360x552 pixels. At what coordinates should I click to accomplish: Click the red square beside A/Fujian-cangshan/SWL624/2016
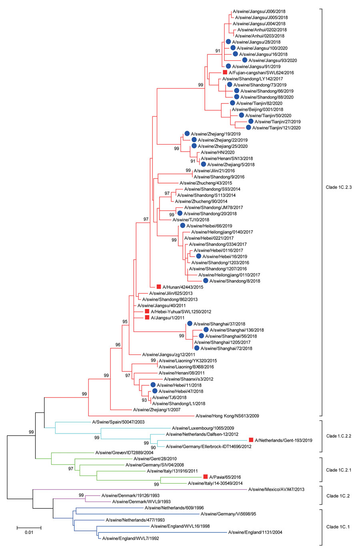225,72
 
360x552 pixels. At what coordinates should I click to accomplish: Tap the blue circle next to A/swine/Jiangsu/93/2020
245,60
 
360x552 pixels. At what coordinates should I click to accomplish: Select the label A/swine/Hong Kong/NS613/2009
227,416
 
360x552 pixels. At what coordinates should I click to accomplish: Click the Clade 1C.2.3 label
338,187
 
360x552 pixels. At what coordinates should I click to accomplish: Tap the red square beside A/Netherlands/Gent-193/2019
251,440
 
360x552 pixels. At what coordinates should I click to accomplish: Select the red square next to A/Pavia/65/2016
205,476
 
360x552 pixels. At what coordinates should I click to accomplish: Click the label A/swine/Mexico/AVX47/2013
276,489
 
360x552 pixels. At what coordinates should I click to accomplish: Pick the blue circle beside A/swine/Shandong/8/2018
205,281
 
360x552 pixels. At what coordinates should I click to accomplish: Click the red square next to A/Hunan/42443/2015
159,287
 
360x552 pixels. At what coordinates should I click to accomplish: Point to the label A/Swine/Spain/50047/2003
118,422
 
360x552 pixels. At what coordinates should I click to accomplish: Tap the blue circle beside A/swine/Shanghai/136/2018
206,329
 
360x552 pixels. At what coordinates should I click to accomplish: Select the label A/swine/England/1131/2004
255,532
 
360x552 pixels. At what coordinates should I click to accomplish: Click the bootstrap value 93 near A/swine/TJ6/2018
144,400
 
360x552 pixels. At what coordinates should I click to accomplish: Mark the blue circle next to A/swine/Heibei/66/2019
182,225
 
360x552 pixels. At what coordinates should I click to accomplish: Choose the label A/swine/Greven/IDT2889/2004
124,453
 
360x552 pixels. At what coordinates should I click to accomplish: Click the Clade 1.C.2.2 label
338,436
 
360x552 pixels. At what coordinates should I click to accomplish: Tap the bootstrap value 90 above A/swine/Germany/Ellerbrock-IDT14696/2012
153,448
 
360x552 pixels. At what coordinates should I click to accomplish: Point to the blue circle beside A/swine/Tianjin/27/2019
251,121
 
